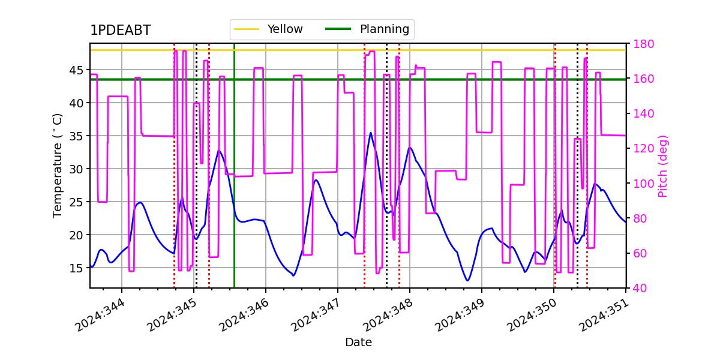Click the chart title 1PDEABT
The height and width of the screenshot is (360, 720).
pyautogui.click(x=121, y=30)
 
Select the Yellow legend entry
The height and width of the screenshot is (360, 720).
pyautogui.click(x=268, y=29)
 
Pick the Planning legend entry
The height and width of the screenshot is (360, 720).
pyautogui.click(x=367, y=29)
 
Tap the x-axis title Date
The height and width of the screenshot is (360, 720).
pyautogui.click(x=358, y=343)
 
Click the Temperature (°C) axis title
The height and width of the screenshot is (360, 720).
pyautogui.click(x=57, y=166)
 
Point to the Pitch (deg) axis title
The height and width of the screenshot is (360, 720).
pyautogui.click(x=663, y=166)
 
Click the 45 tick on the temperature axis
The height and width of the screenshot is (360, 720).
pyautogui.click(x=76, y=70)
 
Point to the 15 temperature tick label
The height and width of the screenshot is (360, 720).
pyautogui.click(x=76, y=268)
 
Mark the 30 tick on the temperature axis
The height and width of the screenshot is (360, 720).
pyautogui.click(x=76, y=169)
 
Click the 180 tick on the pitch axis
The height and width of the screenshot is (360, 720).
pyautogui.click(x=643, y=44)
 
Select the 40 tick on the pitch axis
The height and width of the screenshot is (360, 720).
pyautogui.click(x=640, y=288)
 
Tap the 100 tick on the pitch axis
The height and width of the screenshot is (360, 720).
pyautogui.click(x=643, y=184)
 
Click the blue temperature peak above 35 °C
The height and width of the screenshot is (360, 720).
pyautogui.click(x=371, y=133)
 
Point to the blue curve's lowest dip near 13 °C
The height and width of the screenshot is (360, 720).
pyautogui.click(x=467, y=280)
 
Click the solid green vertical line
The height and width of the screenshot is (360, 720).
pyautogui.click(x=235, y=166)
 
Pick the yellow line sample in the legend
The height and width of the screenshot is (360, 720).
pyautogui.click(x=247, y=29)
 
